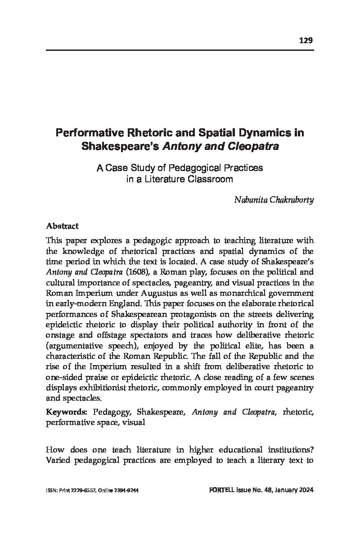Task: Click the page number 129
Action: click(x=306, y=41)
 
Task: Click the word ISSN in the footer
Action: click(x=51, y=490)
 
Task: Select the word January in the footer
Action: click(x=288, y=490)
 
